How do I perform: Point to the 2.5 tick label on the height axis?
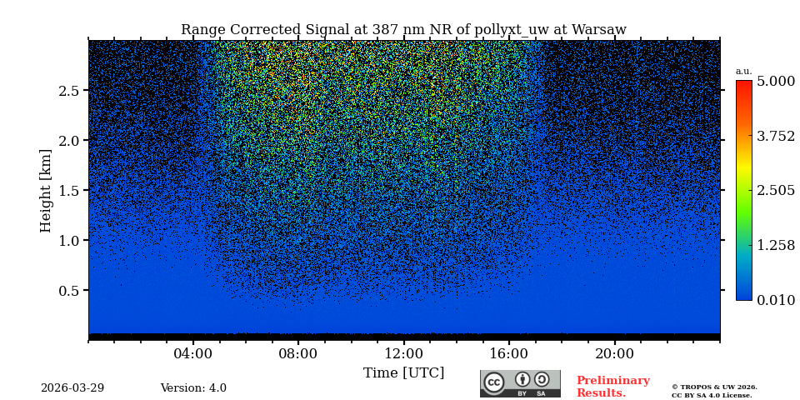68,90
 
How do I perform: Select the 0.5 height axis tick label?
68,290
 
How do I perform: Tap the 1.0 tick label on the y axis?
68,240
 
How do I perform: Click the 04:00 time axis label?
193,353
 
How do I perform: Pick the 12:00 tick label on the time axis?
404,353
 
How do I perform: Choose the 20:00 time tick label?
614,353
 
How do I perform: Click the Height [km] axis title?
46,190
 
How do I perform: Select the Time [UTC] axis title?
404,372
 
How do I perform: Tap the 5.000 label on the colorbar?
776,82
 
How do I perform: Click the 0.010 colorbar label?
776,300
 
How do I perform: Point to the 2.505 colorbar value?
776,191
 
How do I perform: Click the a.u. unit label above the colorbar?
743,72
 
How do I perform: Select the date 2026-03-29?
72,388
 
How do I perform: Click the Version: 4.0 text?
193,388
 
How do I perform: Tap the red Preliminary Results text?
612,387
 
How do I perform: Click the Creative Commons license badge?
520,383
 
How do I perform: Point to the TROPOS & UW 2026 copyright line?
714,387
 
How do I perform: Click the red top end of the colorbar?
743,84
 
